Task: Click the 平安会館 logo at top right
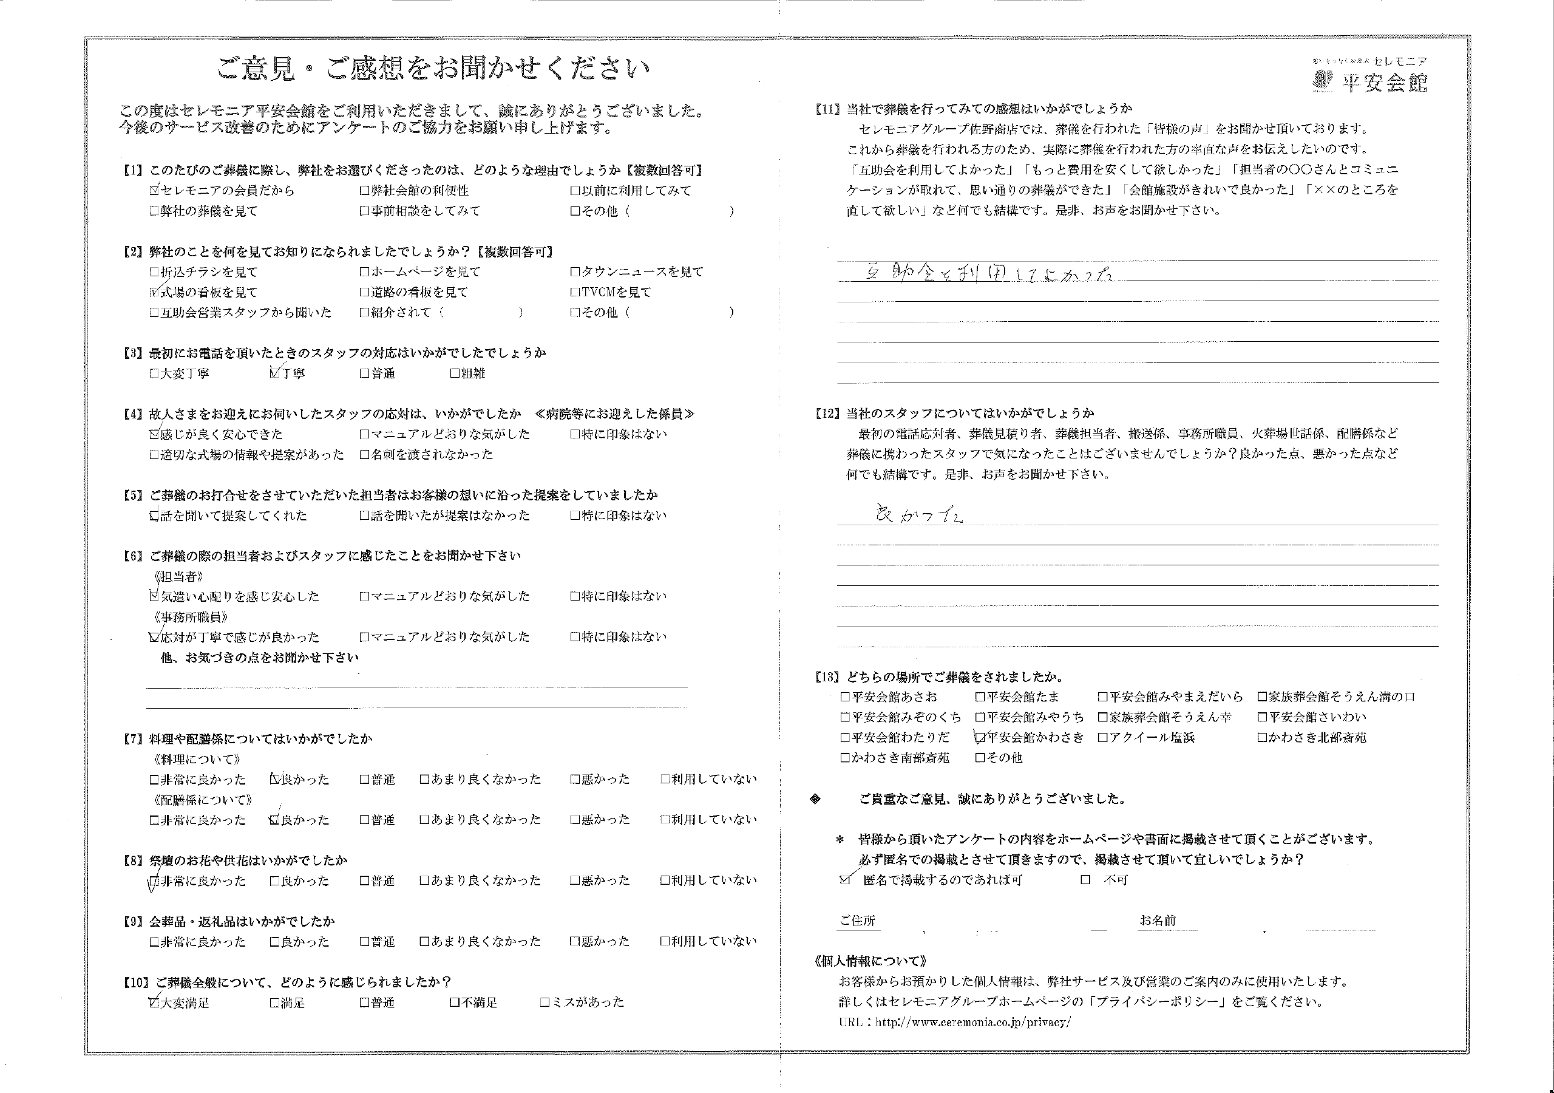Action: pyautogui.click(x=1370, y=76)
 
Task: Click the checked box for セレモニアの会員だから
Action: pyautogui.click(x=154, y=190)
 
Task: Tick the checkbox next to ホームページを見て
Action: pyautogui.click(x=364, y=272)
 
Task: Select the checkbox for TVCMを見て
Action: pyautogui.click(x=575, y=293)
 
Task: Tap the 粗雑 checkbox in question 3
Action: pyautogui.click(x=455, y=373)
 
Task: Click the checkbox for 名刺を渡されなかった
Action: pyautogui.click(x=364, y=454)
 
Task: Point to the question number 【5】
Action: pyautogui.click(x=132, y=495)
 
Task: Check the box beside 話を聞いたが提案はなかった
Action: pyautogui.click(x=364, y=516)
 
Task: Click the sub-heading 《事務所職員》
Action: pyautogui.click(x=190, y=617)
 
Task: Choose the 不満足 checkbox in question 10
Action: pyautogui.click(x=455, y=1003)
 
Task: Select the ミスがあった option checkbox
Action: pyautogui.click(x=545, y=1003)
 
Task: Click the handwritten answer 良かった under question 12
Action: pyautogui.click(x=919, y=516)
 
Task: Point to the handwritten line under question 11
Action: pyautogui.click(x=989, y=274)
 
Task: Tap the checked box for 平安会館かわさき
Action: pyautogui.click(x=980, y=737)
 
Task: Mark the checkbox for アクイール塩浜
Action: pyautogui.click(x=1102, y=737)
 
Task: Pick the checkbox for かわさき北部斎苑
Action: pyautogui.click(x=1262, y=737)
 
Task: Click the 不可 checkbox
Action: pyautogui.click(x=1085, y=880)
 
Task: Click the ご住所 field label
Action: pyautogui.click(x=858, y=921)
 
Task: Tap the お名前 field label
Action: pyautogui.click(x=1158, y=921)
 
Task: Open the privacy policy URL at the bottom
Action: pyautogui.click(x=972, y=1022)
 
